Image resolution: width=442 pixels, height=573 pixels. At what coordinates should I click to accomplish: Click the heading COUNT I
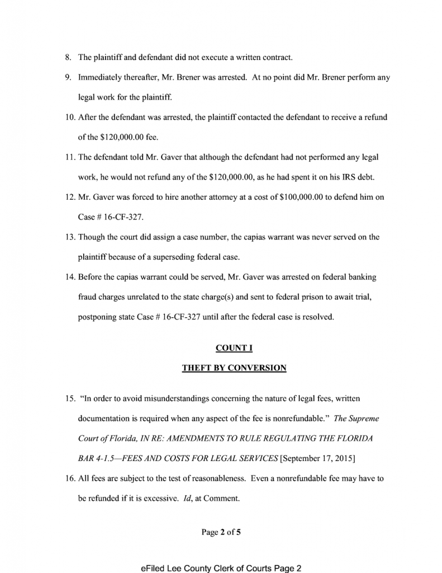tap(234, 348)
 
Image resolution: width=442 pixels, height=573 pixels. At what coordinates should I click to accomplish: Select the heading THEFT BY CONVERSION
tap(234, 368)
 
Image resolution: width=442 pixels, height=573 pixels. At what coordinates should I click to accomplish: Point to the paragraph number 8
tap(68, 57)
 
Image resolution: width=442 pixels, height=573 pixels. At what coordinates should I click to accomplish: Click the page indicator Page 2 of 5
tap(221, 532)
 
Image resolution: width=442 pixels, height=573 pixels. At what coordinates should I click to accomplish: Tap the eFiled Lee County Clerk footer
tap(221, 568)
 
